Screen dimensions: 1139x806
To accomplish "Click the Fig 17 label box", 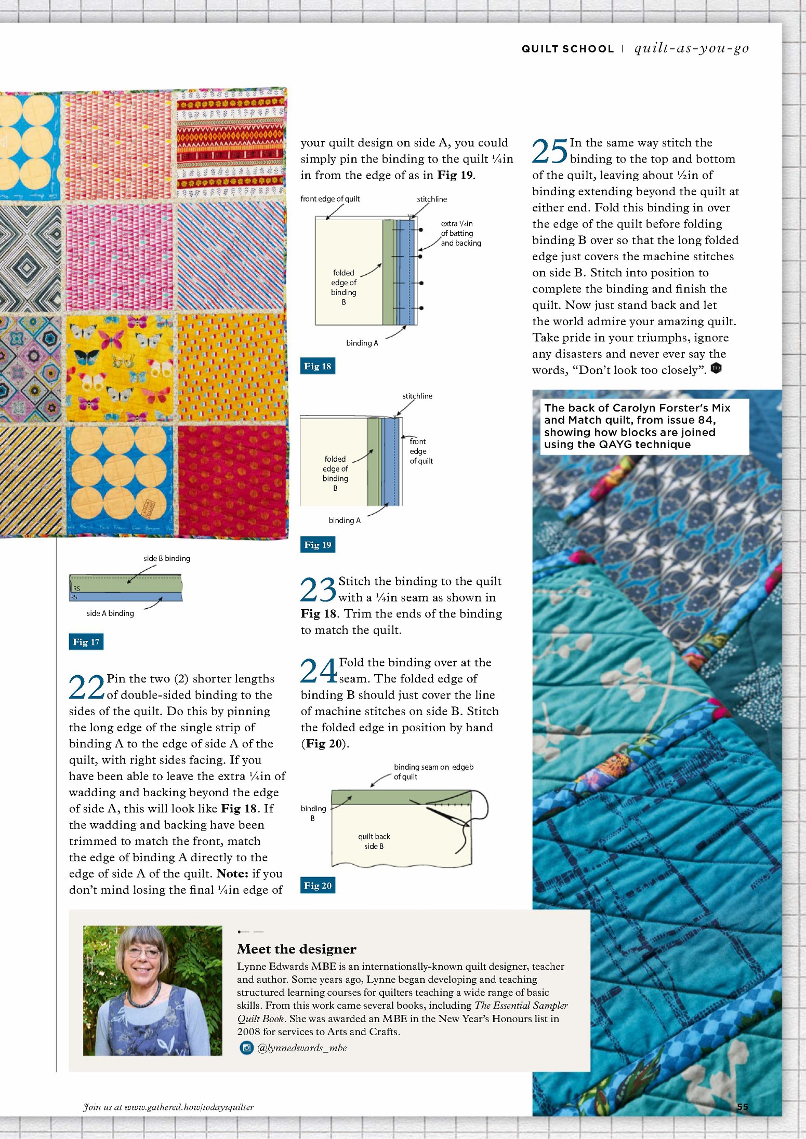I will click(x=86, y=642).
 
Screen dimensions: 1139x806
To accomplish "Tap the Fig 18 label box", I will click(x=318, y=366).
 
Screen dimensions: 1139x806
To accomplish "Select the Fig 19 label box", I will click(x=318, y=545).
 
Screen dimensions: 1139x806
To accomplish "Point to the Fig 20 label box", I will click(x=318, y=886).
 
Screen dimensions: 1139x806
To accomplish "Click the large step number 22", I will click(x=87, y=687).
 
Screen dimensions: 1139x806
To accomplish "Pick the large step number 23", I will click(x=319, y=589).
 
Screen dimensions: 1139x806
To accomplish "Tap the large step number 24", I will click(x=319, y=671).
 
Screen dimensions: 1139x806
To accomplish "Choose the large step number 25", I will click(x=550, y=151).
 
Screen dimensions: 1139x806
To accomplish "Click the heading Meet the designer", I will click(x=297, y=949).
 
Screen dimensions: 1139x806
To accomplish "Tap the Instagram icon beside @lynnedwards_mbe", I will click(x=246, y=1048).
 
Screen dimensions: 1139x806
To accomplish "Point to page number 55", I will click(x=743, y=1107).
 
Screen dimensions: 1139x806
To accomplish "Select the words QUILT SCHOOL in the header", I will click(x=567, y=49).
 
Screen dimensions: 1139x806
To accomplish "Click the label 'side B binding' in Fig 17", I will click(x=167, y=558).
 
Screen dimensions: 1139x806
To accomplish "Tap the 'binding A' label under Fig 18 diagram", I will click(x=362, y=343).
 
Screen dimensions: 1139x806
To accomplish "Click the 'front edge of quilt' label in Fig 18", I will click(x=330, y=199).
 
